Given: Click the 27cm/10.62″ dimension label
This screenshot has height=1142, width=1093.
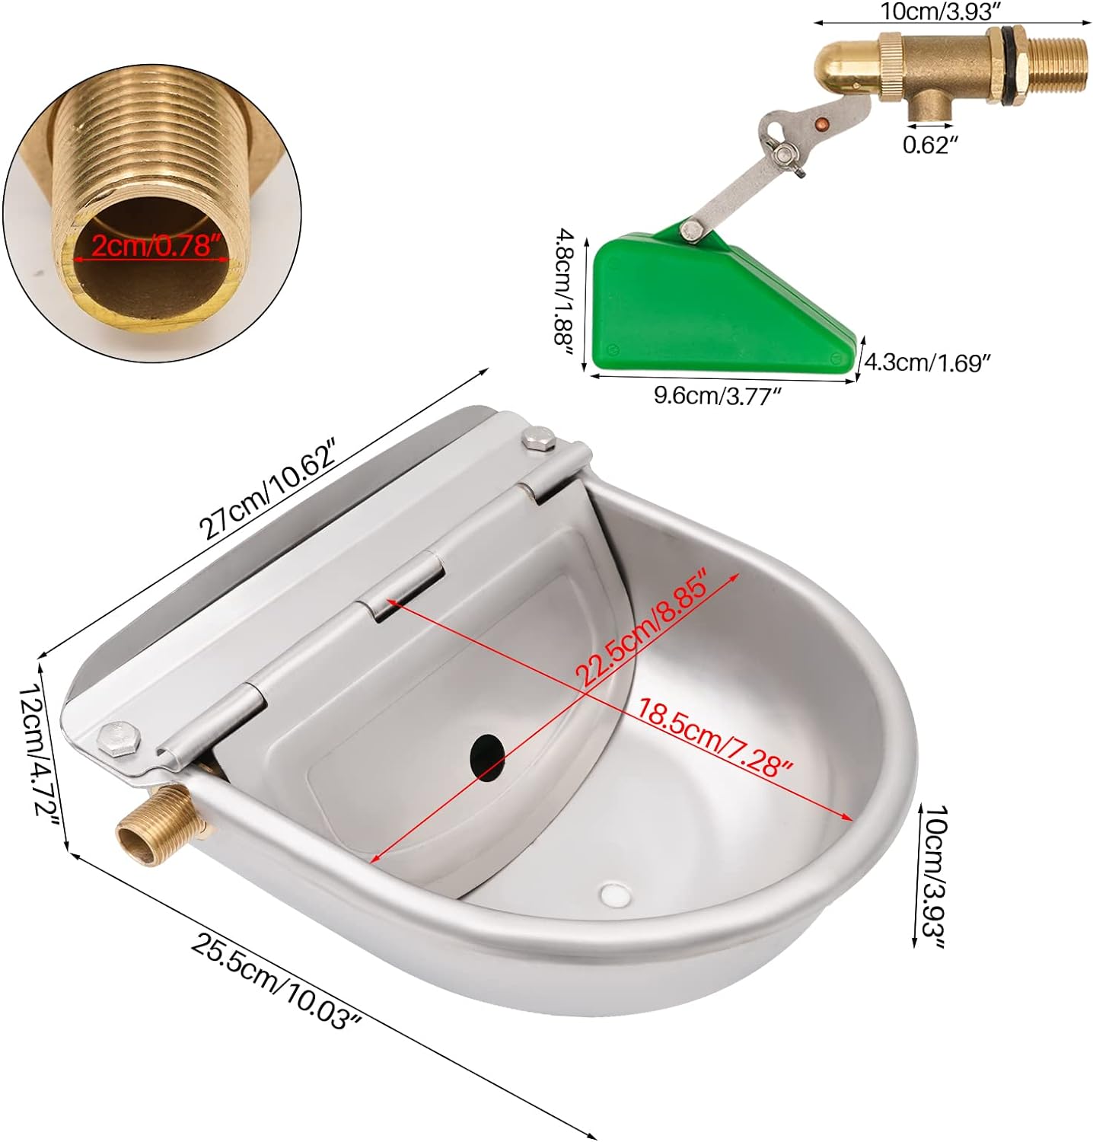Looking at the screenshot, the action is (267, 490).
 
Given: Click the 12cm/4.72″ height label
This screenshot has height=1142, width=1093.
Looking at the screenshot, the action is (40, 750).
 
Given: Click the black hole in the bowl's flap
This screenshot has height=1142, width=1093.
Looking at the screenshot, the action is (487, 758).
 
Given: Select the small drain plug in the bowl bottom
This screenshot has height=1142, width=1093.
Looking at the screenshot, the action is (615, 894).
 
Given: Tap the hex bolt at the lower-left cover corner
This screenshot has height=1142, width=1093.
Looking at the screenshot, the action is (119, 738).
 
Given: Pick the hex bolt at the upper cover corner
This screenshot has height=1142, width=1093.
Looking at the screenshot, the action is (538, 440).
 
